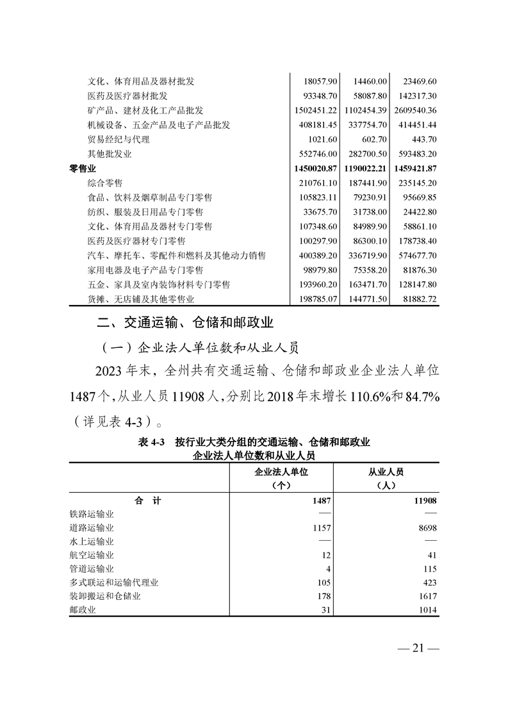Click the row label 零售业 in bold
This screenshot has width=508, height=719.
point(83,169)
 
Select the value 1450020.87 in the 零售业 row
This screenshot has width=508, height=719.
point(314,169)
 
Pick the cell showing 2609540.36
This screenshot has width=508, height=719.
point(411,110)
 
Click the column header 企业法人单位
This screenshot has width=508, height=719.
point(282,472)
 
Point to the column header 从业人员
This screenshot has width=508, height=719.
point(386,472)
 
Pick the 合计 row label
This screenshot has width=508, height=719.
point(148,500)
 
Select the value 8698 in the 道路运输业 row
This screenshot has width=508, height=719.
point(425,528)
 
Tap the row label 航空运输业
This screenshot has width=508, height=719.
point(92,555)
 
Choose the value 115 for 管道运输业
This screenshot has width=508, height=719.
point(429,568)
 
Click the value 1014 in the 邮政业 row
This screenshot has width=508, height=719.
point(426,610)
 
